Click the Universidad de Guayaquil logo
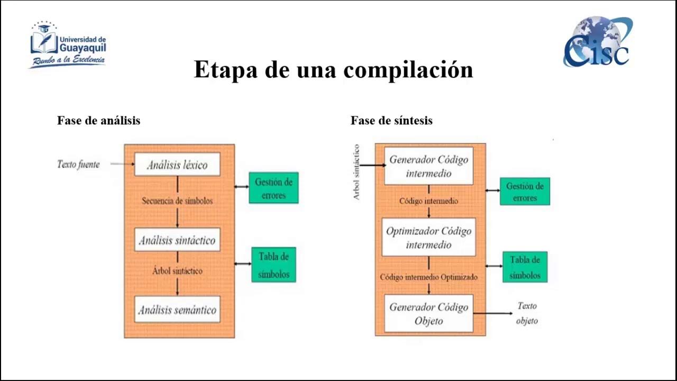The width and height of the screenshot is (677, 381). click(68, 45)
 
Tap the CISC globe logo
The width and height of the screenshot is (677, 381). click(598, 41)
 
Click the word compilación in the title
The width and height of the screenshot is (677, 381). click(408, 70)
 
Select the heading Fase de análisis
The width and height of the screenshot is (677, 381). click(98, 121)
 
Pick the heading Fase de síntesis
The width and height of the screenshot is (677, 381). click(391, 121)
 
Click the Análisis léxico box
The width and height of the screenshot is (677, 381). click(177, 164)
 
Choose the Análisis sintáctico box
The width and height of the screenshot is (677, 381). click(177, 240)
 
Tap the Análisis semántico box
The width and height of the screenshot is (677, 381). click(177, 310)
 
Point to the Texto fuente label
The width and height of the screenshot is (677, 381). click(78, 164)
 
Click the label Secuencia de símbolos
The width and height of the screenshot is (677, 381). click(177, 201)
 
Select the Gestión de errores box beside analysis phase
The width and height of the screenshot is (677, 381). click(274, 188)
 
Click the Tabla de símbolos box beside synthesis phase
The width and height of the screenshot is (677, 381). click(525, 267)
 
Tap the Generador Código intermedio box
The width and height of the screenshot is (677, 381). click(428, 166)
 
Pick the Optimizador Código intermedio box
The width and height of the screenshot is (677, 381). click(428, 238)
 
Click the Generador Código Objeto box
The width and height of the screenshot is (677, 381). click(428, 314)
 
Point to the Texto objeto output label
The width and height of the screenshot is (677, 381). click(527, 313)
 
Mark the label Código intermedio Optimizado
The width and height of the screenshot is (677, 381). click(428, 277)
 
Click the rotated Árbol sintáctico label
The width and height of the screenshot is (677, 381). click(356, 172)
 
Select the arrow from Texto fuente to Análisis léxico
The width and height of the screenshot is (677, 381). click(123, 164)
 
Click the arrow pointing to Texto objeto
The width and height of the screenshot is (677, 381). click(493, 313)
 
